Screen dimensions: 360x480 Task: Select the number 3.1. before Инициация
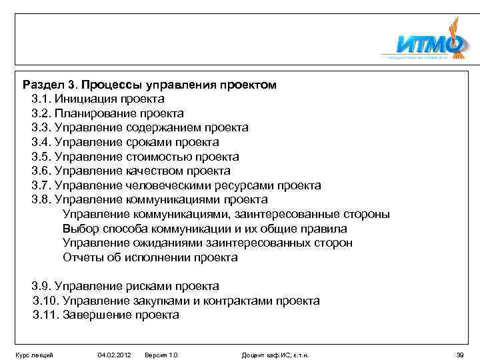click(x=41, y=99)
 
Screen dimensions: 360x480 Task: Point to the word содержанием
click(x=163, y=128)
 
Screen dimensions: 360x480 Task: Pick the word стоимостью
click(x=159, y=157)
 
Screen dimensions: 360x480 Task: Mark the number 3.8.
click(x=41, y=199)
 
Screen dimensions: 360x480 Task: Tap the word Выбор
click(x=80, y=229)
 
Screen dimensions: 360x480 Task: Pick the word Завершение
click(x=97, y=315)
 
